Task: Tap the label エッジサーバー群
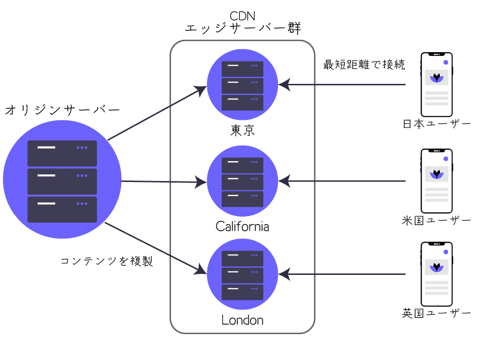pos(242,29)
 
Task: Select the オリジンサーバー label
pos(62,110)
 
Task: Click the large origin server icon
pos(62,181)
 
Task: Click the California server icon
pos(242,181)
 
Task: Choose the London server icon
pos(242,274)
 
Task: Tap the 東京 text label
pos(242,130)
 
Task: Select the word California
pos(242,226)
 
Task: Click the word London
pos(242,320)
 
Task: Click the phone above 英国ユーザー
pos(437,274)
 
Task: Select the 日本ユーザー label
pos(436,124)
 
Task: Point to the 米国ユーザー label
pos(436,220)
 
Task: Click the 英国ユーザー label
pos(436,313)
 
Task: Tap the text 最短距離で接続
pos(364,65)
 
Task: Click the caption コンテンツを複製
pos(107,261)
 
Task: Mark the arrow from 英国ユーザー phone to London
pos(343,274)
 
